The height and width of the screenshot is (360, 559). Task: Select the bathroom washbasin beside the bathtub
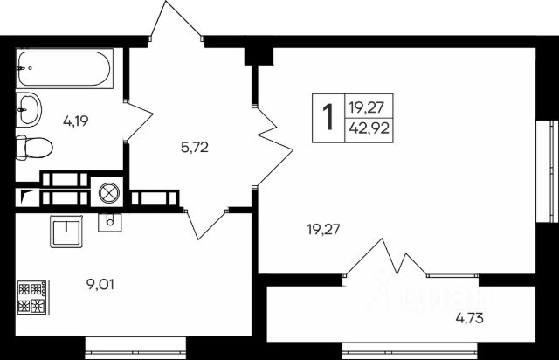tap(29, 110)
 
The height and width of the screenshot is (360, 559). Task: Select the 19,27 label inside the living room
tap(322, 230)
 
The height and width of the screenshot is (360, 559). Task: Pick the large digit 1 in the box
tap(328, 117)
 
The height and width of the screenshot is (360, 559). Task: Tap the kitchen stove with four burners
tap(32, 297)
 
